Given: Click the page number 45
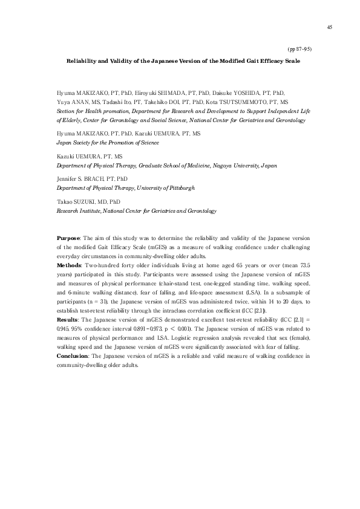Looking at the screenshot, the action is [329, 27].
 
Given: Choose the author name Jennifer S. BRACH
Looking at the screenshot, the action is [77, 180].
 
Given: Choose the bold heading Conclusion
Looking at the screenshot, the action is [71, 356].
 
